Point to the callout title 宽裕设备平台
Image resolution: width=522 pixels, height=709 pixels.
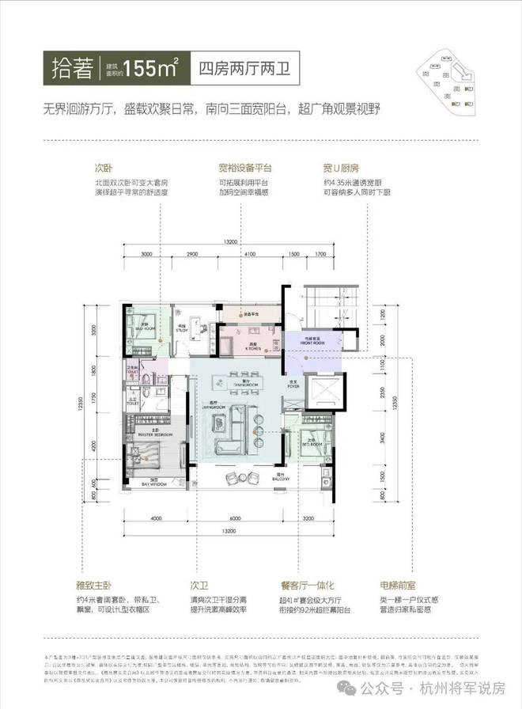[x=245, y=168]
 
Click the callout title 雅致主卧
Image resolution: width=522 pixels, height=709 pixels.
[x=109, y=586]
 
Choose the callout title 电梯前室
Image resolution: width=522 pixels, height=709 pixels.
[x=394, y=586]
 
